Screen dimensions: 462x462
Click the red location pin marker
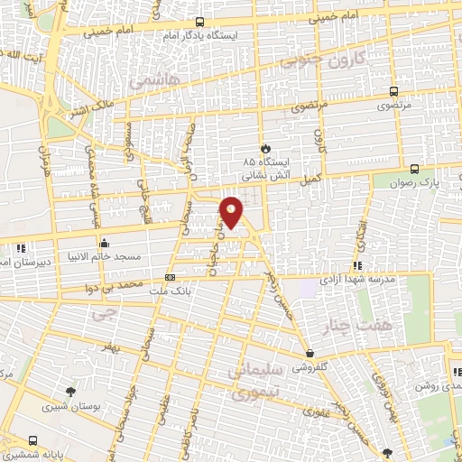click(x=232, y=212)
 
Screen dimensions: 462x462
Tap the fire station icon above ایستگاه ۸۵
click(x=263, y=148)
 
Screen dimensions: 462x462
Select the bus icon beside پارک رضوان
click(x=414, y=169)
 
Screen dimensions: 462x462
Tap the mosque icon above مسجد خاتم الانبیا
click(x=105, y=243)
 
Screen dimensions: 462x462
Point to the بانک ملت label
click(x=171, y=291)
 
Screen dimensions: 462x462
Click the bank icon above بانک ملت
click(x=171, y=278)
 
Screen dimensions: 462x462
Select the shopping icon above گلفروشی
click(x=310, y=354)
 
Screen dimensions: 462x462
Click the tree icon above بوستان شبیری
click(x=71, y=390)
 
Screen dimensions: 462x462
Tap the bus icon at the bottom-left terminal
click(x=33, y=440)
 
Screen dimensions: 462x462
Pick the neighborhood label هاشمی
click(x=154, y=81)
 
